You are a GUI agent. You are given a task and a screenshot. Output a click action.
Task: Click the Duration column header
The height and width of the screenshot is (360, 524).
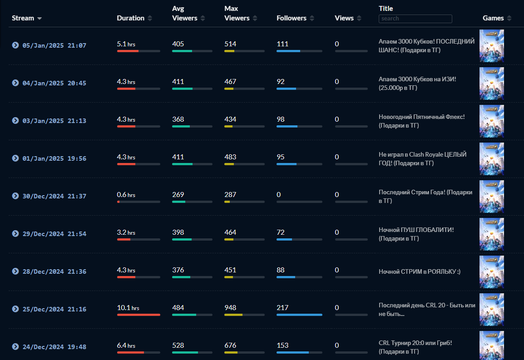pyautogui.click(x=130, y=18)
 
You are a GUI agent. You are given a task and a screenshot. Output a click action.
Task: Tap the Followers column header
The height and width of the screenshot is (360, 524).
pyautogui.click(x=291, y=18)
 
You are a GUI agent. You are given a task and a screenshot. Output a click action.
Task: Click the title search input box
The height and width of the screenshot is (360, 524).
pyautogui.click(x=415, y=19)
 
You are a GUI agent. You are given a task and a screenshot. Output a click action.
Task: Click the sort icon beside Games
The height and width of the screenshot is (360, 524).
pyautogui.click(x=509, y=18)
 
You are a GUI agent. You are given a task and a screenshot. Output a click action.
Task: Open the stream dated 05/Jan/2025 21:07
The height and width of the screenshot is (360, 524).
pyautogui.click(x=54, y=45)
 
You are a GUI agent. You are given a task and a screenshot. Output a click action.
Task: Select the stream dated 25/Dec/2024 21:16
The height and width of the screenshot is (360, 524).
pyautogui.click(x=54, y=309)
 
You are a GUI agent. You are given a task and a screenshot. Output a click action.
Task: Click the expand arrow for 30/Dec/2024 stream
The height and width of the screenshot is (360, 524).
pyautogui.click(x=15, y=196)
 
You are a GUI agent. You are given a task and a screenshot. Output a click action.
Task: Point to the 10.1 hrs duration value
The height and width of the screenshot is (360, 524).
pyautogui.click(x=128, y=308)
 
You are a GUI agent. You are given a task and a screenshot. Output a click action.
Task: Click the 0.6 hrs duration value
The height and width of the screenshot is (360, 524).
pyautogui.click(x=126, y=195)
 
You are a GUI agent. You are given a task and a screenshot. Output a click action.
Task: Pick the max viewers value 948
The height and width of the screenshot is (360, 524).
pyautogui.click(x=230, y=308)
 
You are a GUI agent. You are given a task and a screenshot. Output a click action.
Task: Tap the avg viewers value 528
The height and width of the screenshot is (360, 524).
pyautogui.click(x=178, y=345)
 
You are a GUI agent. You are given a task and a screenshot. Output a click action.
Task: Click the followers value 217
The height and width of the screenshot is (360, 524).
pyautogui.click(x=282, y=308)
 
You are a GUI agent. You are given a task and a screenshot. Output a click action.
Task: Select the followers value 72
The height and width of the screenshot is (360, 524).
pyautogui.click(x=281, y=232)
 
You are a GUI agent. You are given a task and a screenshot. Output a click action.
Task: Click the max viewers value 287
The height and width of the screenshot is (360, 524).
pyautogui.click(x=230, y=195)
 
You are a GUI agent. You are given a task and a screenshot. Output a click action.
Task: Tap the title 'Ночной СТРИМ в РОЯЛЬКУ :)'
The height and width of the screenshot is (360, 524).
pyautogui.click(x=420, y=271)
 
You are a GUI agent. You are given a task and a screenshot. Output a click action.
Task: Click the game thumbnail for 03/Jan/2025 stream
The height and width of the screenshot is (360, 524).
pyautogui.click(x=491, y=121)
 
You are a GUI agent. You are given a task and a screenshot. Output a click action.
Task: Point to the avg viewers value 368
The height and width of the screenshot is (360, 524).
pyautogui.click(x=178, y=119)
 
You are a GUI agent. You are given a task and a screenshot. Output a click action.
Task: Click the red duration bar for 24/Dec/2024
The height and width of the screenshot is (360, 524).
pyautogui.click(x=131, y=352)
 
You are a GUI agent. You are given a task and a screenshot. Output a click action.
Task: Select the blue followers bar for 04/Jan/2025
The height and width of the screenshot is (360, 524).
pyautogui.click(x=287, y=89)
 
